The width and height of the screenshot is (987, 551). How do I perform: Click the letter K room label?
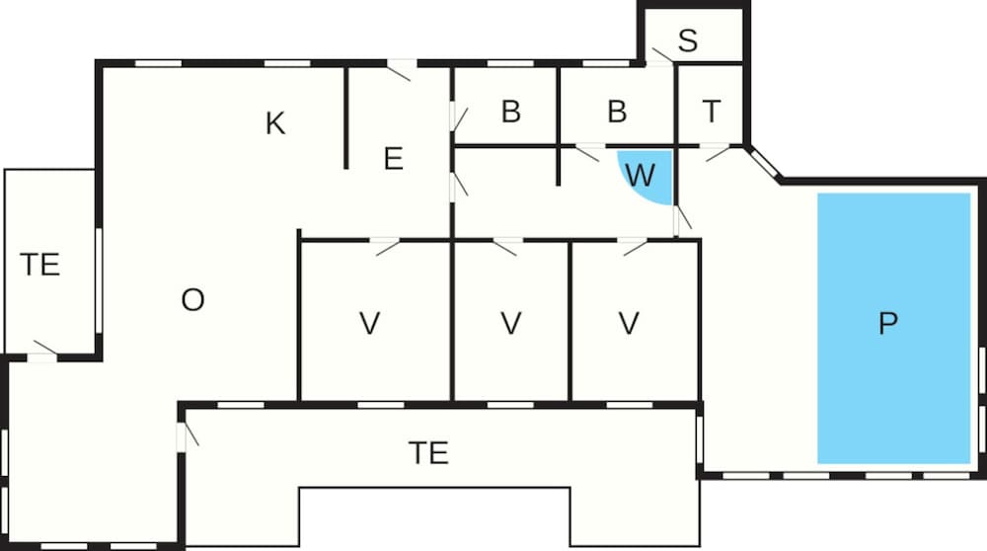click(275, 123)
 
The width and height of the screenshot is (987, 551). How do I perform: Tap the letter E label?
click(394, 159)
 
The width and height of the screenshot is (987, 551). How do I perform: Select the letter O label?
click(192, 300)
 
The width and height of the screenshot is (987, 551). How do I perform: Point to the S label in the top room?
click(688, 40)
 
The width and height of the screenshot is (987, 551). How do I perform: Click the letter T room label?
click(712, 112)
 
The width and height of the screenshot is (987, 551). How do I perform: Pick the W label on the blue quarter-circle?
click(641, 175)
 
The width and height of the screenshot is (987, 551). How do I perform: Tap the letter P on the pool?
click(887, 323)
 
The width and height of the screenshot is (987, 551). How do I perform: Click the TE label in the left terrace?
click(39, 265)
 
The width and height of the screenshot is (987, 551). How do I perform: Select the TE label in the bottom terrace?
click(428, 453)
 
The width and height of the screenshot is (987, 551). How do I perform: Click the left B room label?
click(511, 112)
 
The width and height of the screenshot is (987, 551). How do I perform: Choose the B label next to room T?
click(618, 112)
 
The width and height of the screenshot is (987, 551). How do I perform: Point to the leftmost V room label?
click(369, 324)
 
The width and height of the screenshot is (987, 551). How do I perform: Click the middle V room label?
click(511, 324)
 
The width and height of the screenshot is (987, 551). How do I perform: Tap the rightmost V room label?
click(629, 324)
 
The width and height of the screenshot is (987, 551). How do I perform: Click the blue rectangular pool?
click(894, 328)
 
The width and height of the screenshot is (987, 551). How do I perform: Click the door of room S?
click(662, 56)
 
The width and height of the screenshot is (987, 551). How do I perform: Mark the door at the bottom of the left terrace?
click(44, 351)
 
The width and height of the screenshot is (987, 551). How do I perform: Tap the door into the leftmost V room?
click(385, 246)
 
